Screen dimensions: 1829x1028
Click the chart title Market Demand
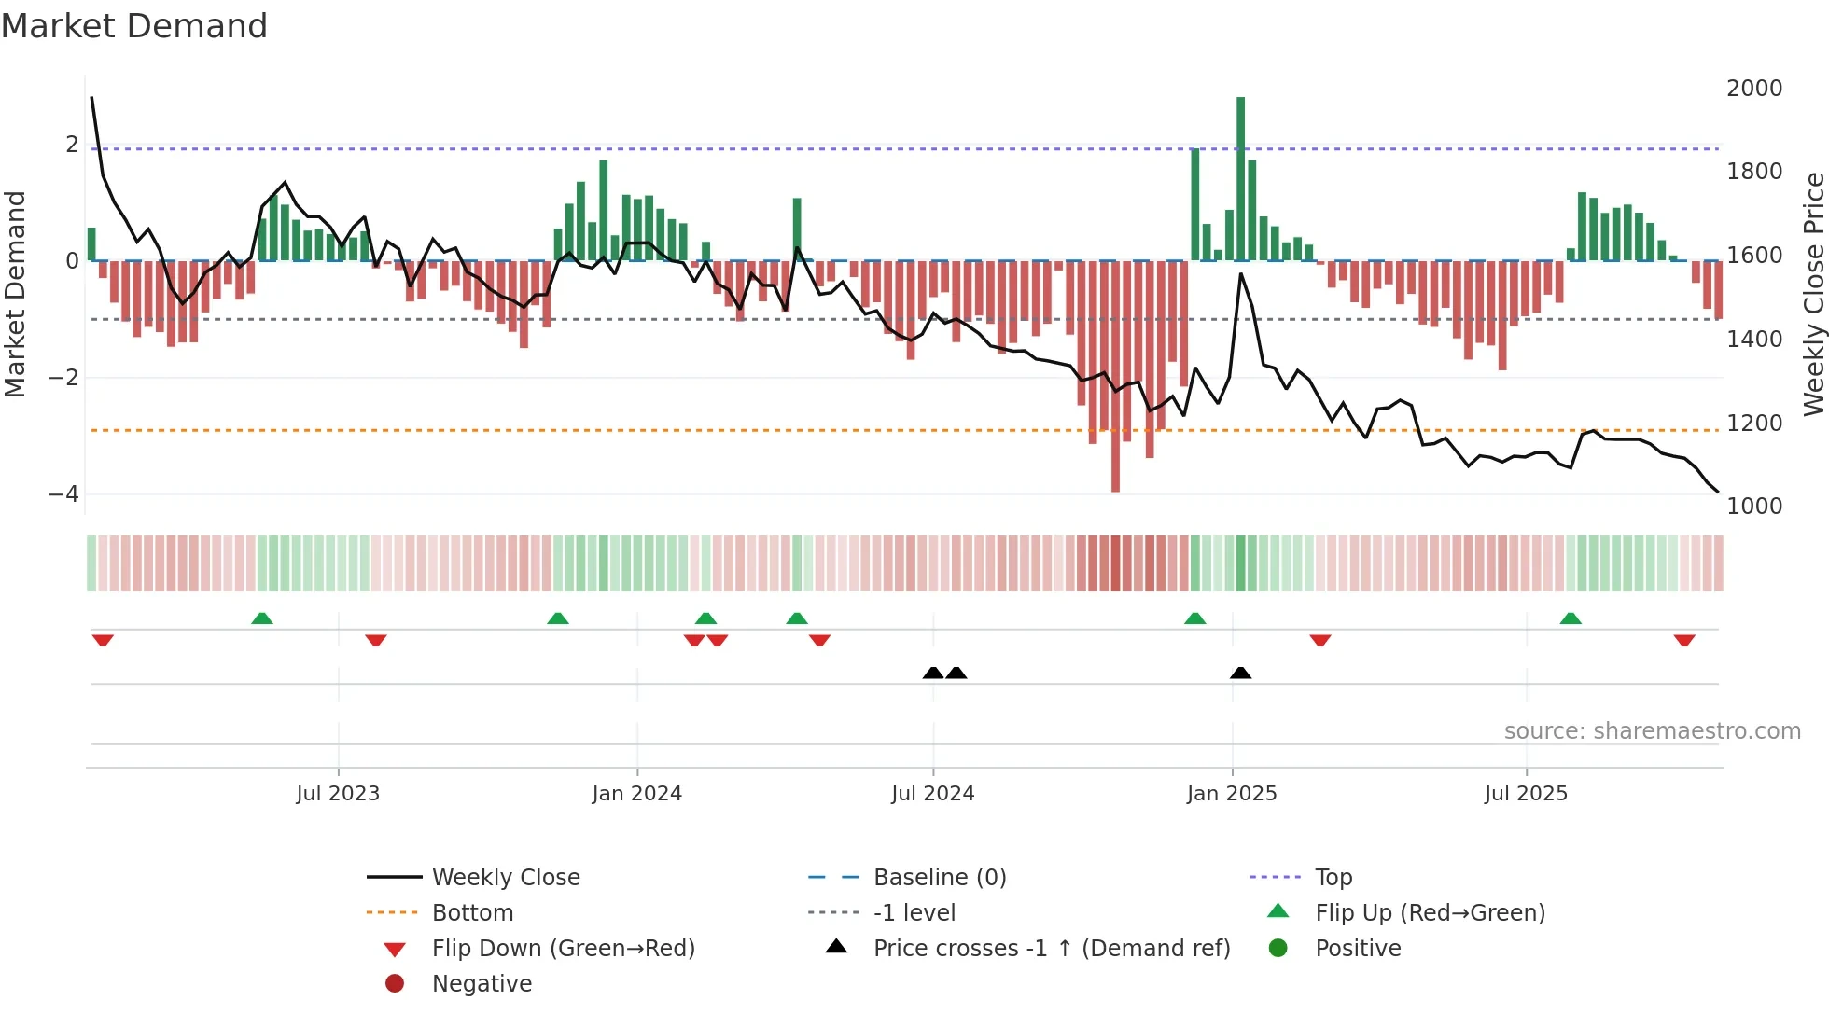pos(134,26)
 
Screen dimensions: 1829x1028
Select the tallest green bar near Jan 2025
pos(1240,177)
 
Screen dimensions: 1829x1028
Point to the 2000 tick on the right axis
pos(1753,89)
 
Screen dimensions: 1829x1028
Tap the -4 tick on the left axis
pos(63,494)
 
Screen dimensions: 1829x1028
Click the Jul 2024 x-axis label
pos(932,794)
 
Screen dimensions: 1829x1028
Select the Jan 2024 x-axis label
pos(636,794)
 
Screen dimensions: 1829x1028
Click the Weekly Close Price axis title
pos(1813,294)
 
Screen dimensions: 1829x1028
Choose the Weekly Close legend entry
pos(505,878)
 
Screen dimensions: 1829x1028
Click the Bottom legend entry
pos(472,913)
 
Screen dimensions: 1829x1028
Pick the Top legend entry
pos(1333,878)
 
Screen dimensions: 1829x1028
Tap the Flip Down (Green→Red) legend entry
pos(563,949)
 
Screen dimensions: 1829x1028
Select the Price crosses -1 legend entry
pos(1051,949)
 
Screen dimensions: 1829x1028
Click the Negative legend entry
pos(482,984)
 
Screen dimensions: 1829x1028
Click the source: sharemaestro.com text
pos(1652,731)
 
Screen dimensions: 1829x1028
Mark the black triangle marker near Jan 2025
pos(1240,673)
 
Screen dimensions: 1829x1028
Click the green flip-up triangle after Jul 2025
pos(1571,618)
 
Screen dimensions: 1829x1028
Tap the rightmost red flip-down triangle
pos(1683,640)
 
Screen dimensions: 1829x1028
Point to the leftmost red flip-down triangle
pos(103,640)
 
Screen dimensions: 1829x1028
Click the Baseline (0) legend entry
pos(939,878)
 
